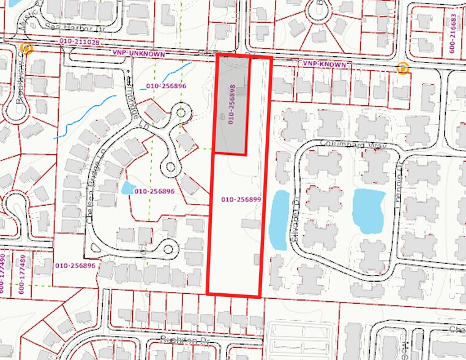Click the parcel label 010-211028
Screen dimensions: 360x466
pyautogui.click(x=79, y=42)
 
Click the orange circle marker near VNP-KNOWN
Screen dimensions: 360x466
pyautogui.click(x=402, y=68)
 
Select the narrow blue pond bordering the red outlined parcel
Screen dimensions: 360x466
pyautogui.click(x=278, y=219)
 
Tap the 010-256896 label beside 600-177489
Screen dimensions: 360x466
pyautogui.click(x=75, y=266)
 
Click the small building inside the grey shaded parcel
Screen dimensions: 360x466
pyautogui.click(x=222, y=117)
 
